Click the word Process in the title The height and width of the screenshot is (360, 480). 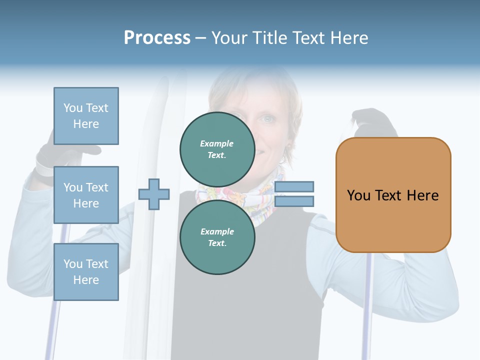coord(157,37)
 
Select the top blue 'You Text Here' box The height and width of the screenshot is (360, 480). coord(86,116)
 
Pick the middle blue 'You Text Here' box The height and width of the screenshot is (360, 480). coord(86,195)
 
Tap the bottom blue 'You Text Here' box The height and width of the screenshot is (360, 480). coord(86,272)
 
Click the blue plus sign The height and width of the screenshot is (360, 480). coord(154,194)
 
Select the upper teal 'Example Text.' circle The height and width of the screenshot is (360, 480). coord(217,149)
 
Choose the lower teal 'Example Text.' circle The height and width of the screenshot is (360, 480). coord(217,237)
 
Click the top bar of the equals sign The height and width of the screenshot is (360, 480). coord(294,187)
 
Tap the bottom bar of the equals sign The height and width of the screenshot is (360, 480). coord(294,201)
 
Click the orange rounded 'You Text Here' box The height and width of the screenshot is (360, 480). coord(393,195)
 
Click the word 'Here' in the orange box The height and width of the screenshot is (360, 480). coord(423,195)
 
